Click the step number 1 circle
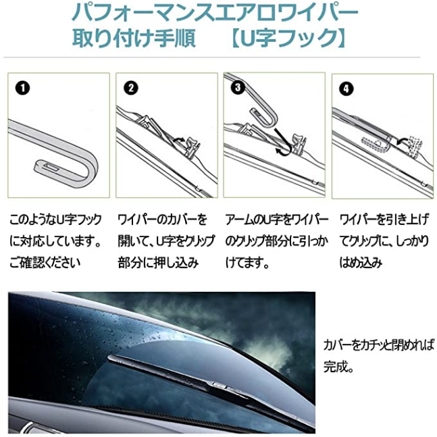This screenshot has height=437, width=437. [22, 88]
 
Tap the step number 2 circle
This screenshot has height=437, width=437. [131, 88]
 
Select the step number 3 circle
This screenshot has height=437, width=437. [238, 88]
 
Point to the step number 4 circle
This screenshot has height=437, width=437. [346, 89]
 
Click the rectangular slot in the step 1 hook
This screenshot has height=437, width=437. [51, 167]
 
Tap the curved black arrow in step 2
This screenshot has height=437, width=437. [178, 140]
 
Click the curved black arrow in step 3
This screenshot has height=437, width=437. [284, 142]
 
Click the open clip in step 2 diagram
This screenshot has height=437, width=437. [191, 147]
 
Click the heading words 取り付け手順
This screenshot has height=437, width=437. [134, 37]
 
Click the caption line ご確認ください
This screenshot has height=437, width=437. [45, 262]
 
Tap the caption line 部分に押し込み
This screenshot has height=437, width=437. [158, 262]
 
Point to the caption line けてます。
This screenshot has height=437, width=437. [247, 262]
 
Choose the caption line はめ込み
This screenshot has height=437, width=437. [361, 262]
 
